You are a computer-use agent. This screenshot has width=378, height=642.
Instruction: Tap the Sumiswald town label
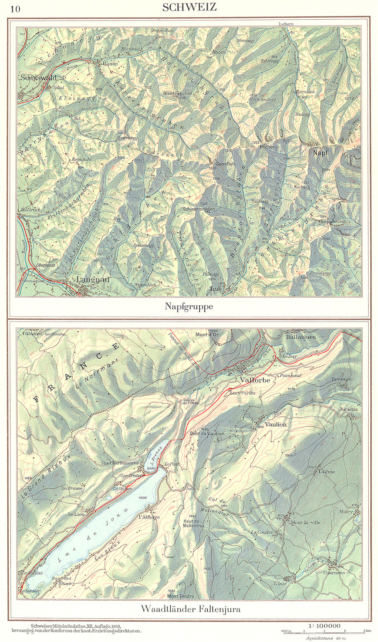click(38, 77)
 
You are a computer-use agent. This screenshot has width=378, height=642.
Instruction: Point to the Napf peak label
click(321, 153)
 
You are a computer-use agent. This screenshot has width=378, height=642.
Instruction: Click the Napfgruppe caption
click(189, 307)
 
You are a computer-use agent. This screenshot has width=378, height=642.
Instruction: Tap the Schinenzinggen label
click(198, 209)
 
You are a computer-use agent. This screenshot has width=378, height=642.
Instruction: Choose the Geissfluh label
click(225, 164)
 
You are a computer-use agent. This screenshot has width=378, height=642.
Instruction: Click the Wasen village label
click(110, 64)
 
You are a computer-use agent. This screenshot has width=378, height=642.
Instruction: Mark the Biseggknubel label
click(177, 93)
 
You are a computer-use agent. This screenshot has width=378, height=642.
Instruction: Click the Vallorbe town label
click(255, 380)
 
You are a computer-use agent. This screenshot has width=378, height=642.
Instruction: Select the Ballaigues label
click(300, 337)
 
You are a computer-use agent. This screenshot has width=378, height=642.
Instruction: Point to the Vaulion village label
click(276, 424)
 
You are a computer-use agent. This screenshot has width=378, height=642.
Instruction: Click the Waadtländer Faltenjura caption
click(190, 609)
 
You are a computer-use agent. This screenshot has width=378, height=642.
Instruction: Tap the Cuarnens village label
click(334, 573)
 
